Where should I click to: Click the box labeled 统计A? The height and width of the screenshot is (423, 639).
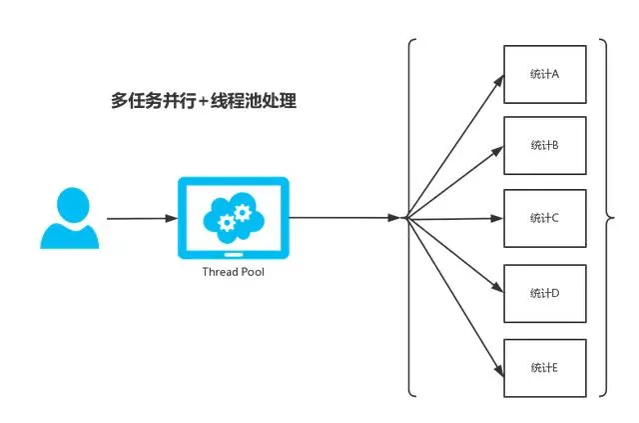(544, 73)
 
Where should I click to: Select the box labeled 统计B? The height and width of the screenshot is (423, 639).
(544, 145)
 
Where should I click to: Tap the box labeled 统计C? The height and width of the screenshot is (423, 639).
(544, 218)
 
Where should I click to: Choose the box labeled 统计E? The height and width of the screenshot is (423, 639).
(544, 367)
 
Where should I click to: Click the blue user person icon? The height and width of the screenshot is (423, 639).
(70, 218)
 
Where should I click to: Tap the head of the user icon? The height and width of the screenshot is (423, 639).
(70, 201)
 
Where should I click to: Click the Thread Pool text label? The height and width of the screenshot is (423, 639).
(233, 272)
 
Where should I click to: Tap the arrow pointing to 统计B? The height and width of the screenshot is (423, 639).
(455, 181)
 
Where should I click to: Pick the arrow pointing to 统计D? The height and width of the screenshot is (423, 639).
(455, 255)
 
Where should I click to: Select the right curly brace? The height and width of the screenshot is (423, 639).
(605, 217)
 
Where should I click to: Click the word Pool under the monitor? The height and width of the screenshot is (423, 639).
(250, 272)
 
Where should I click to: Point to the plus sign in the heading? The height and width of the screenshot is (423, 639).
(204, 102)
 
